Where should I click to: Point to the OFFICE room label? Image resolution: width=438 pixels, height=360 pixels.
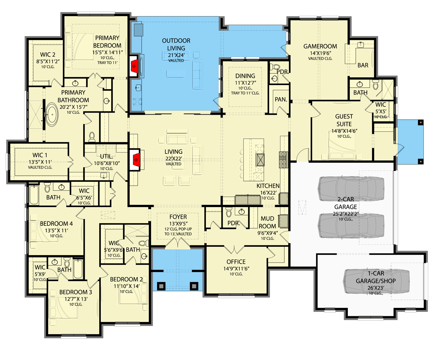(x=235, y=262)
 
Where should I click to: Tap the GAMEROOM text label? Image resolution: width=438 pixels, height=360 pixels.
(x=320, y=46)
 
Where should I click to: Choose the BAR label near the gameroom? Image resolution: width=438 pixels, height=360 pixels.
(x=363, y=65)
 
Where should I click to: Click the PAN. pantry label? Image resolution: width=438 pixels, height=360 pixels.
(x=280, y=99)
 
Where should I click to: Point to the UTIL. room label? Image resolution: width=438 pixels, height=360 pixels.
(x=96, y=156)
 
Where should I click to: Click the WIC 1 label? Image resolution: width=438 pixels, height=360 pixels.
(x=40, y=154)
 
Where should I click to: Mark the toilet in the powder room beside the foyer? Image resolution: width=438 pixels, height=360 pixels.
(x=229, y=212)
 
